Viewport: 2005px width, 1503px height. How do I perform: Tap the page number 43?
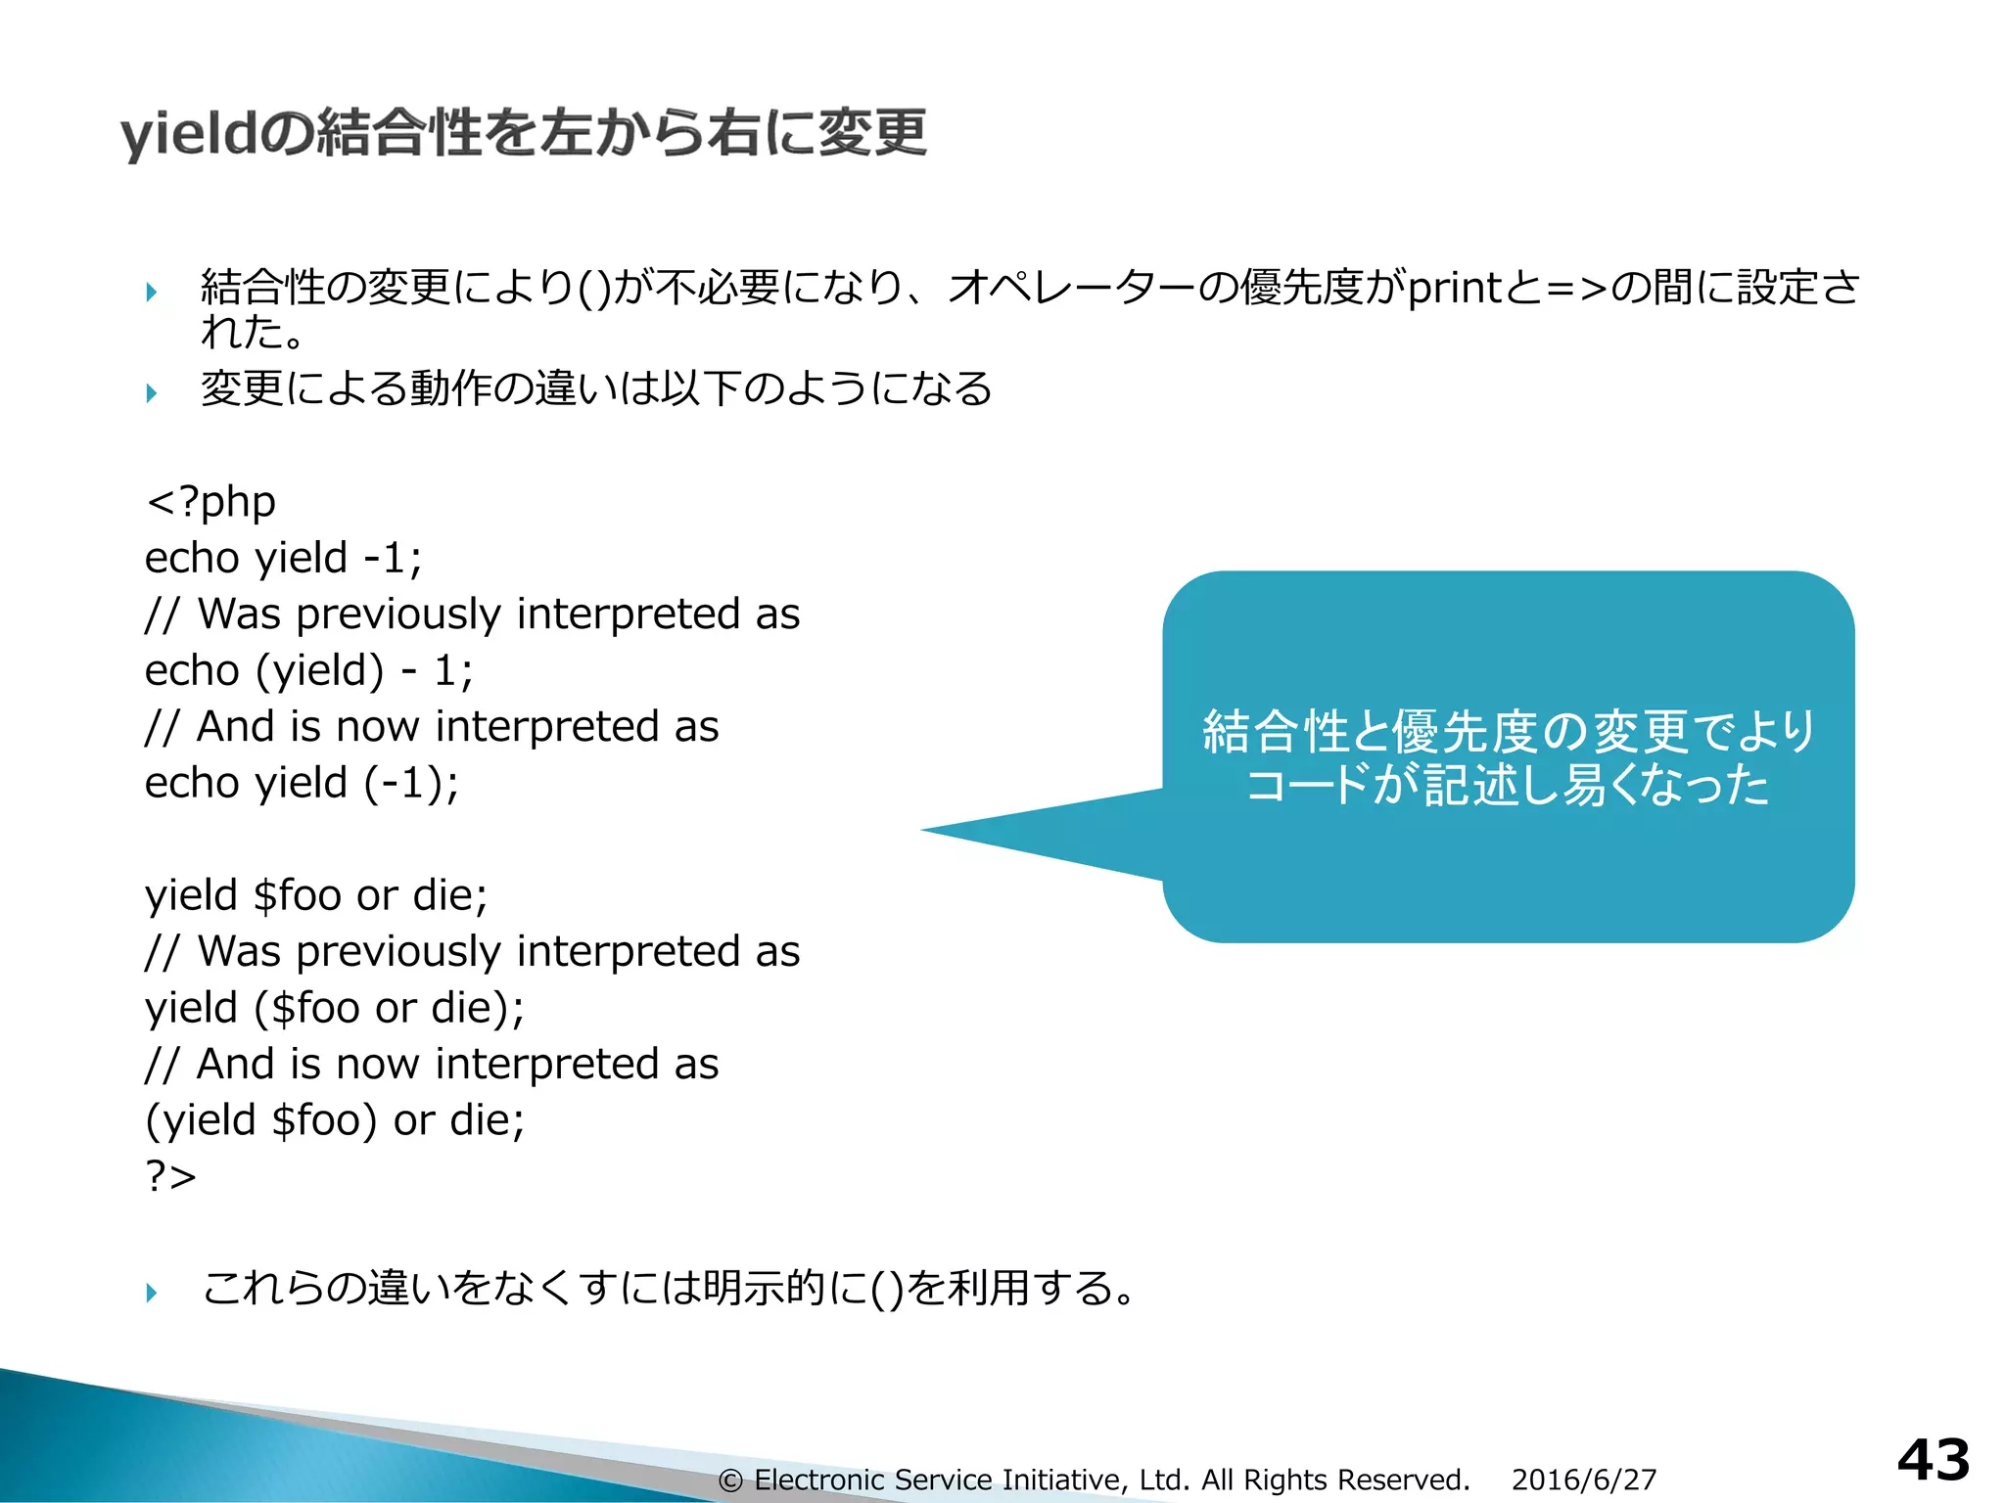click(x=1933, y=1461)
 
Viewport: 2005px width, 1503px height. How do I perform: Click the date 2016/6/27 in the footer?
click(x=1583, y=1480)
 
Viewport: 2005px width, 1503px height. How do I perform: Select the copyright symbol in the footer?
click(x=729, y=1480)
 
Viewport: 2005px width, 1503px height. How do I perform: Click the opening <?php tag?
click(x=210, y=502)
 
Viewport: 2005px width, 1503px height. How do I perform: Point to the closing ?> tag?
click(x=170, y=1175)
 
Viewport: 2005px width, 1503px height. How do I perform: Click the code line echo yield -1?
click(x=283, y=559)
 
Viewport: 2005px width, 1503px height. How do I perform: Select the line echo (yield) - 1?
click(x=308, y=671)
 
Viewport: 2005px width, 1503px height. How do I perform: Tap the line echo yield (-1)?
click(x=302, y=784)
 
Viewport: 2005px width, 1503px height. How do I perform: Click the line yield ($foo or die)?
click(x=334, y=1008)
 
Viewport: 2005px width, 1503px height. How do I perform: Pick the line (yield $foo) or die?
click(x=334, y=1120)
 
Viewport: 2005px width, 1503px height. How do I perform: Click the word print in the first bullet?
click(x=1454, y=288)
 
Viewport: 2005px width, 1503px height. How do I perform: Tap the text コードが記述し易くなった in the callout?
click(x=1508, y=786)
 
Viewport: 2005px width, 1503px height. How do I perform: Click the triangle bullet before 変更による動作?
click(x=152, y=393)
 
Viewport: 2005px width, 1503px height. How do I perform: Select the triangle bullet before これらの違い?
click(x=152, y=1293)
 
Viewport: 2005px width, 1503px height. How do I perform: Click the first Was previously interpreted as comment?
click(x=472, y=615)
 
